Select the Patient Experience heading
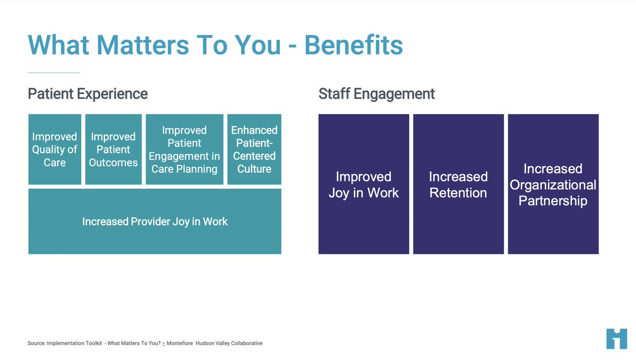point(87,94)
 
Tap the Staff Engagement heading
point(376,94)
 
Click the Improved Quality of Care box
point(55,150)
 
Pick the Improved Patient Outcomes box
point(113,150)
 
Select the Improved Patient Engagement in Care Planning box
point(184,150)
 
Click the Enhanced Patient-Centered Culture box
point(254,150)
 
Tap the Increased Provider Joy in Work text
point(155,222)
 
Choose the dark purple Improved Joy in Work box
point(364,184)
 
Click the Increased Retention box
point(458,184)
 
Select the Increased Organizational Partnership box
point(553,184)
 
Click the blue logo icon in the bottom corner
point(616,339)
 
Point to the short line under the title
point(54,73)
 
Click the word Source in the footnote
point(36,344)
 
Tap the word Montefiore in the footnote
point(180,344)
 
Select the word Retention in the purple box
point(458,193)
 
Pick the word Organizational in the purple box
point(553,185)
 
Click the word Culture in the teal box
point(254,169)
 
